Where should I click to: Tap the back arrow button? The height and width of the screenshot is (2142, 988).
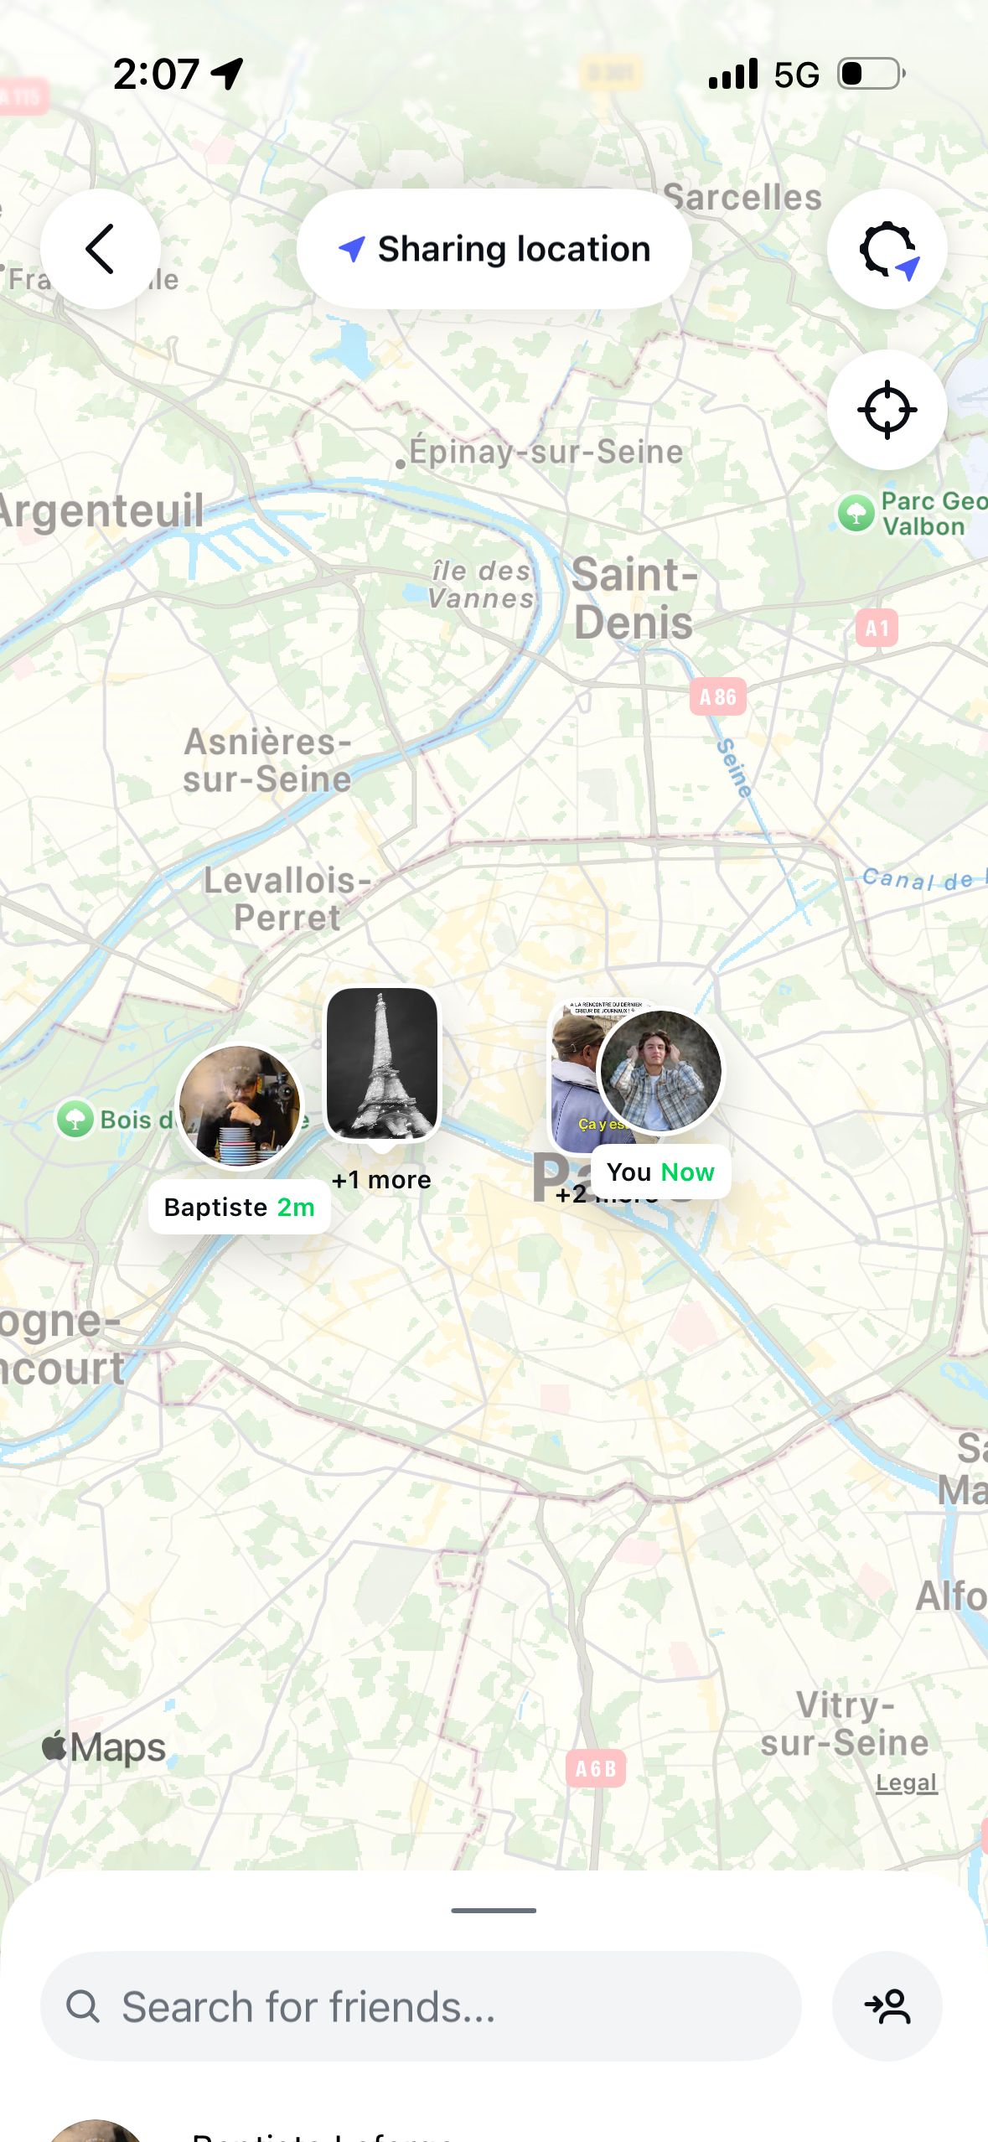(x=101, y=249)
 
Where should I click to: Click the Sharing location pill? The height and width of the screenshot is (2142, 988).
(x=494, y=249)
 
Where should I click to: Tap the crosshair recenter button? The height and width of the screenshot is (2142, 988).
(x=887, y=410)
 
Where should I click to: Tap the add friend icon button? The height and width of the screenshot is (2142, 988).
(x=887, y=2006)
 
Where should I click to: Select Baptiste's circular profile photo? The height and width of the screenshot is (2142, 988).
(x=240, y=1105)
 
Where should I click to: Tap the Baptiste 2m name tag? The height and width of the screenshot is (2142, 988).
(x=240, y=1207)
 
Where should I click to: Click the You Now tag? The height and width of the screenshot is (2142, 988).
(x=660, y=1172)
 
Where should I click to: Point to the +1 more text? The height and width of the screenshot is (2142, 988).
(x=381, y=1180)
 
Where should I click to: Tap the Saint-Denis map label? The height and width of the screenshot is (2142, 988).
(x=634, y=598)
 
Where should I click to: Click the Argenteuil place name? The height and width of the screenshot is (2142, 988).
(x=101, y=510)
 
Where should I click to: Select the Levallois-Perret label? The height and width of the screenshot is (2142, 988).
(x=287, y=898)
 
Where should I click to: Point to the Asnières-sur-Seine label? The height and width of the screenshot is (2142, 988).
(x=267, y=760)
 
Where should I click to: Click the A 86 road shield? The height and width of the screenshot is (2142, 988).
(x=717, y=696)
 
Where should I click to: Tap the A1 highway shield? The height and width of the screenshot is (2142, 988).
(x=877, y=628)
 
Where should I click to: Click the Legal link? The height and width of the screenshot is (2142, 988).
(x=906, y=1782)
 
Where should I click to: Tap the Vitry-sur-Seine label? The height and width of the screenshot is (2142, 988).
(x=845, y=1724)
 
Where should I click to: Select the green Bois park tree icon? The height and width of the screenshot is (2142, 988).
(x=75, y=1119)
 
